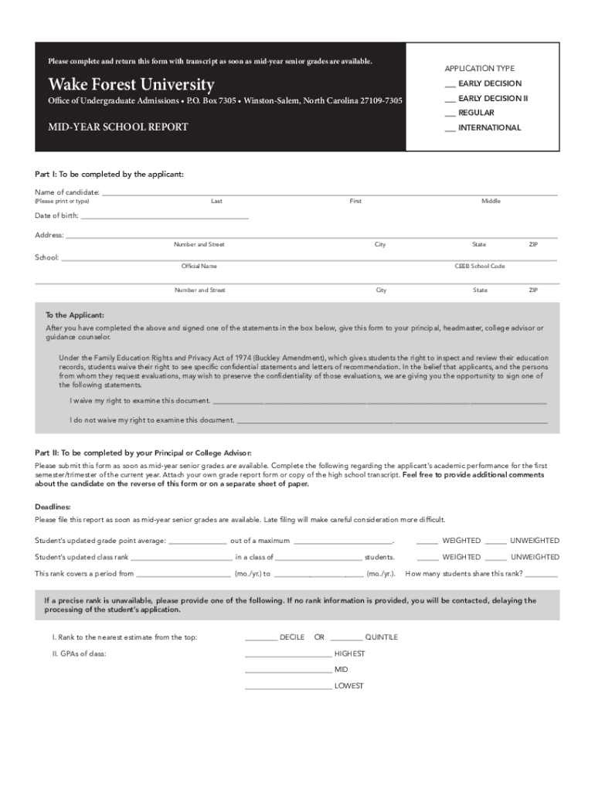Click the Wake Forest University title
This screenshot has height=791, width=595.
(131, 84)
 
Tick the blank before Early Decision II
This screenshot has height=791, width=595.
(450, 99)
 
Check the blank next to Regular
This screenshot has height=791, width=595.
(450, 114)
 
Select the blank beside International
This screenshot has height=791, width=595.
(450, 128)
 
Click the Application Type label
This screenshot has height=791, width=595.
(479, 69)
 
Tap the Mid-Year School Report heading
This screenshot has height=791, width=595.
(118, 127)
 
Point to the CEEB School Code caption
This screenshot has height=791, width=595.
(480, 266)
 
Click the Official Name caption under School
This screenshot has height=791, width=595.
(199, 266)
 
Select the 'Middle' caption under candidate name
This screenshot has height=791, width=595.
(491, 201)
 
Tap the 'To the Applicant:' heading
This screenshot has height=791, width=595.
(75, 315)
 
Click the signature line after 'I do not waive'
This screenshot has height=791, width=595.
(392, 422)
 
